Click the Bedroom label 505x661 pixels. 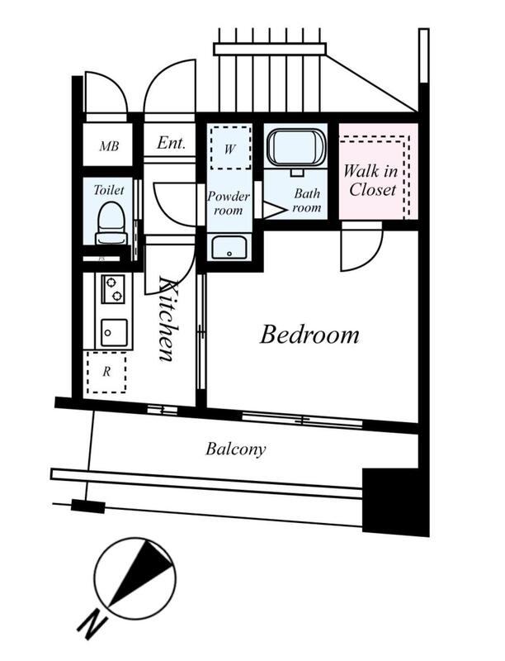tap(309, 335)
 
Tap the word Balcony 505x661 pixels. tap(236, 449)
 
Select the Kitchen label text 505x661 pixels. tap(167, 319)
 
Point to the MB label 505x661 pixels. tap(109, 146)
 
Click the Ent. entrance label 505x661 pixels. tap(172, 143)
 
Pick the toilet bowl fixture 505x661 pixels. tap(111, 223)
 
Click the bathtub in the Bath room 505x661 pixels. tap(297, 148)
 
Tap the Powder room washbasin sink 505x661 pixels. tap(229, 247)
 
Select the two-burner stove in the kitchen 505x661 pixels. tap(113, 289)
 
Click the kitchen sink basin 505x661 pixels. tap(114, 333)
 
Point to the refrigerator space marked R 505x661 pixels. tap(106, 373)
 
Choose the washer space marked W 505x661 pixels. tap(230, 148)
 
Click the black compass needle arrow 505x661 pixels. tap(141, 574)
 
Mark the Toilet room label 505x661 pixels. tap(109, 190)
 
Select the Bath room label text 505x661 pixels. tap(307, 200)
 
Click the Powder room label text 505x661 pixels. tap(229, 202)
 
